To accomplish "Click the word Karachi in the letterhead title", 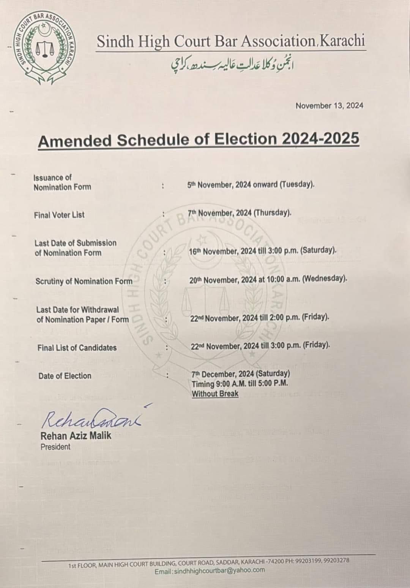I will (342, 41).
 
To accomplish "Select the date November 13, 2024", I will (329, 106).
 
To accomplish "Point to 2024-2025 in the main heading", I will (320, 138).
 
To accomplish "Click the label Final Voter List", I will (59, 215).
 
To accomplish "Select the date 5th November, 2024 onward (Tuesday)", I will (251, 185).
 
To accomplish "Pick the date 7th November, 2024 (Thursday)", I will (240, 213).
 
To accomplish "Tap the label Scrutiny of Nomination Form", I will (84, 281).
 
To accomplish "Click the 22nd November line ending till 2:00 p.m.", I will (260, 318).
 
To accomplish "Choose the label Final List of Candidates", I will (77, 348).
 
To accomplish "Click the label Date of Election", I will (65, 376).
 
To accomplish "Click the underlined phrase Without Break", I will (215, 394).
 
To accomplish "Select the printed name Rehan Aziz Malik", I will (76, 435).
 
